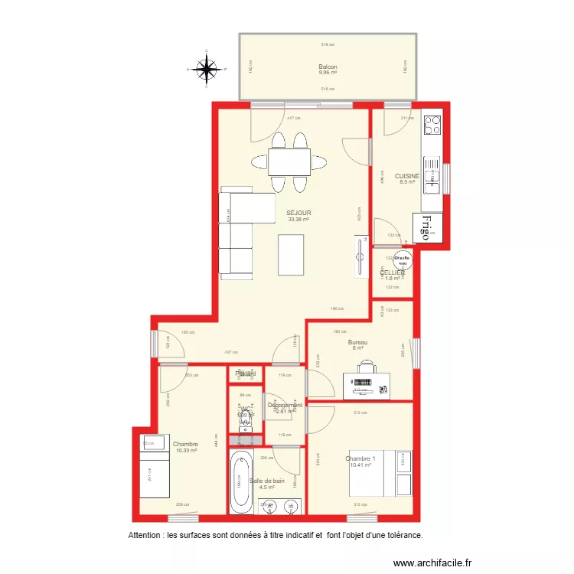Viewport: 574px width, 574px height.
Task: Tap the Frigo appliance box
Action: click(x=426, y=227)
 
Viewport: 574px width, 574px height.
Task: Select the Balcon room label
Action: click(x=328, y=67)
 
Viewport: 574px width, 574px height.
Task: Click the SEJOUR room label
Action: click(x=298, y=213)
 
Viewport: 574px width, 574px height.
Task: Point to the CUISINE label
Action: click(x=407, y=176)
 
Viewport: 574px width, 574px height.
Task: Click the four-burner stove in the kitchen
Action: click(x=432, y=123)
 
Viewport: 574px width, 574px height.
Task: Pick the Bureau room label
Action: click(x=357, y=342)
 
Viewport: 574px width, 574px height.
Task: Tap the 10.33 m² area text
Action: click(x=186, y=451)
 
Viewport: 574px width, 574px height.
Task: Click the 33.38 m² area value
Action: click(x=298, y=220)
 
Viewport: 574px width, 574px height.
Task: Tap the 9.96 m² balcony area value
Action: click(x=328, y=73)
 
